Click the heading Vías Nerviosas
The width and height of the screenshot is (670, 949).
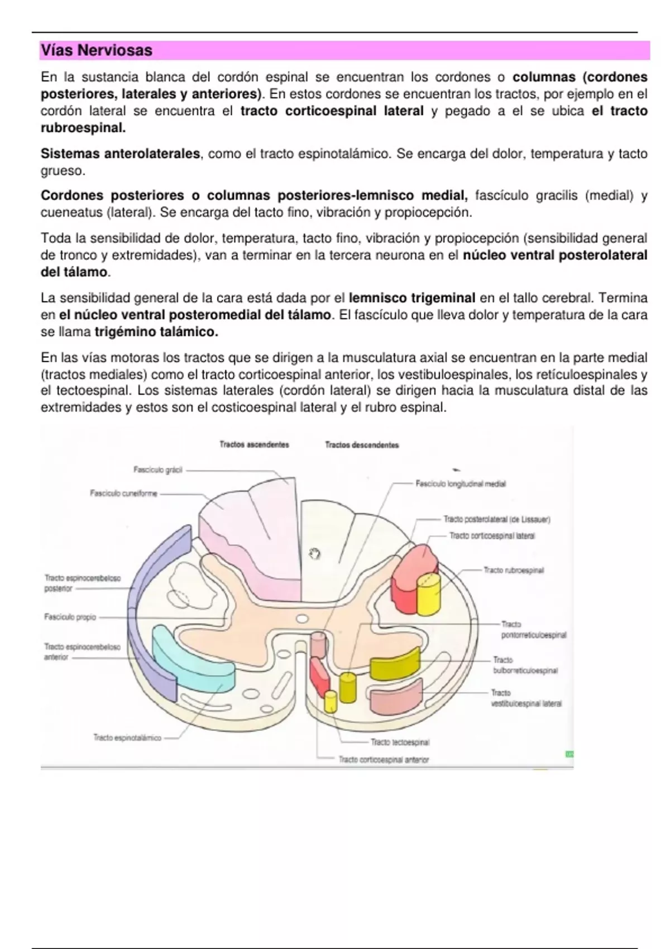(96, 51)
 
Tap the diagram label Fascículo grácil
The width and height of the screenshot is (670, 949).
(158, 470)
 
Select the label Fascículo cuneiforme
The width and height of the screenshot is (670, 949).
(123, 493)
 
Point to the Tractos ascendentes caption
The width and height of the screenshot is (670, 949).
(254, 445)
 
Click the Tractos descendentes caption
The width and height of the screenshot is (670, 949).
(362, 445)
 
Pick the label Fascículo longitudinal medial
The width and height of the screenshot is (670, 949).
(461, 484)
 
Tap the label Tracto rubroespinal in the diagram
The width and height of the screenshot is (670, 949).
(514, 571)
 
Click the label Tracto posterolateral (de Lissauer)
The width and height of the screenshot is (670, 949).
(497, 520)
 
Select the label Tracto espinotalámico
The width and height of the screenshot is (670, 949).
(127, 738)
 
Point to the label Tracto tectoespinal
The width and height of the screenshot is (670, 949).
(400, 742)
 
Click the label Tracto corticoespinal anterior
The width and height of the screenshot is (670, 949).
(384, 760)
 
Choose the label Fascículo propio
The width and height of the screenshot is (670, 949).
(70, 617)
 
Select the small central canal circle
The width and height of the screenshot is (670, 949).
(302, 619)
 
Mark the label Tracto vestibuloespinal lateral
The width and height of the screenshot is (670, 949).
(526, 698)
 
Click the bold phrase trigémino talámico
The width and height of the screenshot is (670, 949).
(156, 332)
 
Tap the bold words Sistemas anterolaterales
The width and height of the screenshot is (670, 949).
(120, 154)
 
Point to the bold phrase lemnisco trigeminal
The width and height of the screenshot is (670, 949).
(412, 298)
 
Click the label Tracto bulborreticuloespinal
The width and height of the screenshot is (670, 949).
(525, 665)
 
